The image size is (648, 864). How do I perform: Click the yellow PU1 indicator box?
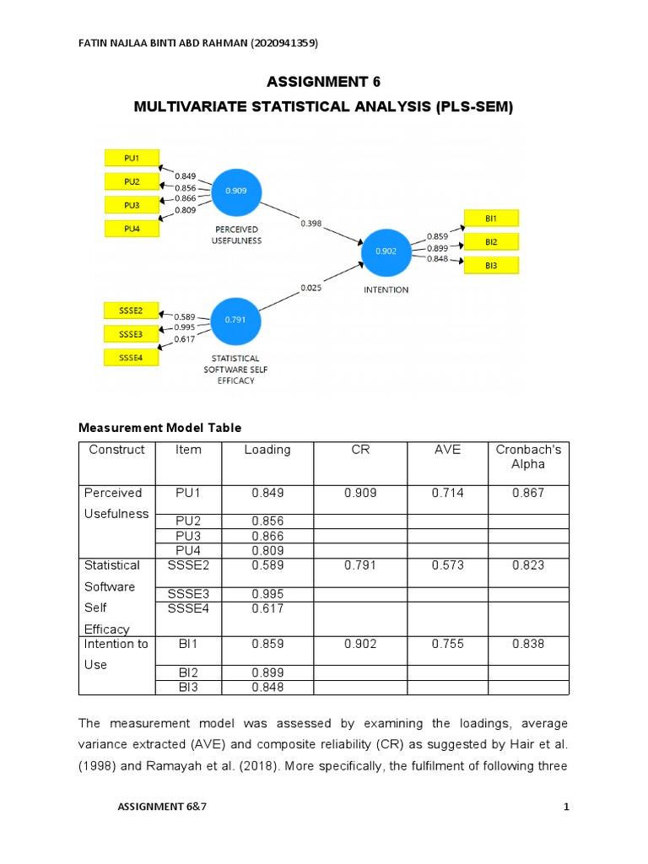click(132, 158)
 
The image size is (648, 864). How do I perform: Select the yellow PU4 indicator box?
click(132, 228)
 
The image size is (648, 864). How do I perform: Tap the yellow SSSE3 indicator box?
click(131, 334)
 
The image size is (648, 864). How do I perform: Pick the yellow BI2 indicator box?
click(490, 242)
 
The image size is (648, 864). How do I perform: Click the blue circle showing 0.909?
click(236, 192)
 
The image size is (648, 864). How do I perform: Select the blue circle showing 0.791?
click(236, 320)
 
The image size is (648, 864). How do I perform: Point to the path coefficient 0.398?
click(310, 224)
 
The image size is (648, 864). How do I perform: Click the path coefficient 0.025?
click(310, 289)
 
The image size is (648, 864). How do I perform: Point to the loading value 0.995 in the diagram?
click(185, 327)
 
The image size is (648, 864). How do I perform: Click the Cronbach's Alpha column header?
click(528, 456)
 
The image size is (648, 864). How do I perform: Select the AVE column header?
click(447, 450)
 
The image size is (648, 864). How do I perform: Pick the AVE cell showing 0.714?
click(447, 493)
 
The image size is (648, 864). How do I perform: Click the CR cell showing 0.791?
click(360, 565)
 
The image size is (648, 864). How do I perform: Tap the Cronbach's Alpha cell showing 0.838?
click(528, 644)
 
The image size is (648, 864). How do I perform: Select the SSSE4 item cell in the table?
click(188, 608)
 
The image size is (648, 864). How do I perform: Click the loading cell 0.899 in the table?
click(267, 672)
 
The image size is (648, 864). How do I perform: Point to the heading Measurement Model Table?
click(159, 428)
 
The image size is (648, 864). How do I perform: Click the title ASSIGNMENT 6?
click(324, 82)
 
